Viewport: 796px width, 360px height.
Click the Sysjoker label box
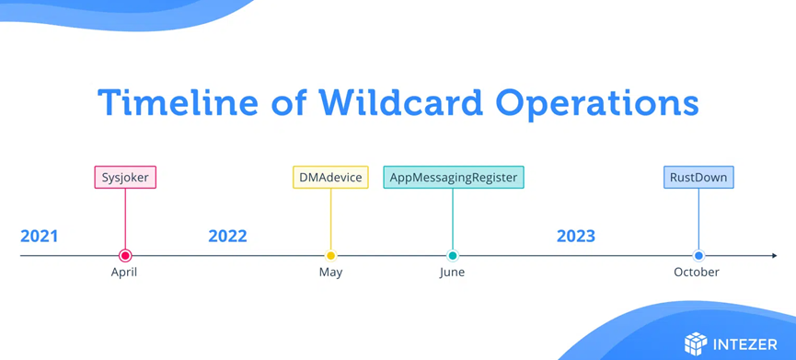[x=125, y=177]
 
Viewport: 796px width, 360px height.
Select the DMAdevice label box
[x=330, y=177]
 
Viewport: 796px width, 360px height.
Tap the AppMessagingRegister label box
[x=454, y=177]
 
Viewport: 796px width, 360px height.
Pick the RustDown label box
[x=698, y=177]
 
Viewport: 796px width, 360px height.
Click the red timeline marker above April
[x=125, y=255]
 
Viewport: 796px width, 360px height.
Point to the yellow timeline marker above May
[x=330, y=255]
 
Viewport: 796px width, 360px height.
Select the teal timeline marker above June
[x=453, y=255]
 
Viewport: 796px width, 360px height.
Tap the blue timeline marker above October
[x=698, y=255]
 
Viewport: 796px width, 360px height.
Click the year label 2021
[x=39, y=236]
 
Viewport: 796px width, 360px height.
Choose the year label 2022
[x=227, y=236]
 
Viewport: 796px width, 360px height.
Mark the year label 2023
[x=576, y=236]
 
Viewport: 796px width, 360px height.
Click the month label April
[x=124, y=273]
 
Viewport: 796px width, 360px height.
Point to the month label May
[x=330, y=273]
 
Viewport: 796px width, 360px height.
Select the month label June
[x=452, y=273]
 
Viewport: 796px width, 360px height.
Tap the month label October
[x=697, y=273]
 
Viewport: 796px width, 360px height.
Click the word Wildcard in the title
[x=400, y=102]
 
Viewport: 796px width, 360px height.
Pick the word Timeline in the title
[x=179, y=102]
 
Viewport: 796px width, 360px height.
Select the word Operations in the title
[x=597, y=104]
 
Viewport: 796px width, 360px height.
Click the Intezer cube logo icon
[x=696, y=343]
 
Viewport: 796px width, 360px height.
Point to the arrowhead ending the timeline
[x=774, y=255]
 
